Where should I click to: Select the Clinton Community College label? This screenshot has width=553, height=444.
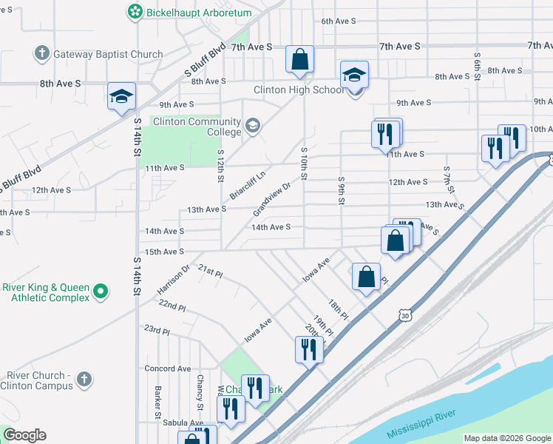[x=197, y=127]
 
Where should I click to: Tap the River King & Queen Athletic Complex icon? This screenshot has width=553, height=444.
[x=103, y=292]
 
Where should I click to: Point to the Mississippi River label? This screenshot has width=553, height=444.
[x=426, y=421]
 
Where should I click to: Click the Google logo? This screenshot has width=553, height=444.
[x=24, y=435]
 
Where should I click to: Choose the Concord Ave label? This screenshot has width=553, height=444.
[x=168, y=369]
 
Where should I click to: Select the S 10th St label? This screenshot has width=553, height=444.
[x=304, y=162]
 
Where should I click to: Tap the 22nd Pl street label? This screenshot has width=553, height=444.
[x=172, y=305]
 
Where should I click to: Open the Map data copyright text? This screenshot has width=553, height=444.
[x=507, y=438]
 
